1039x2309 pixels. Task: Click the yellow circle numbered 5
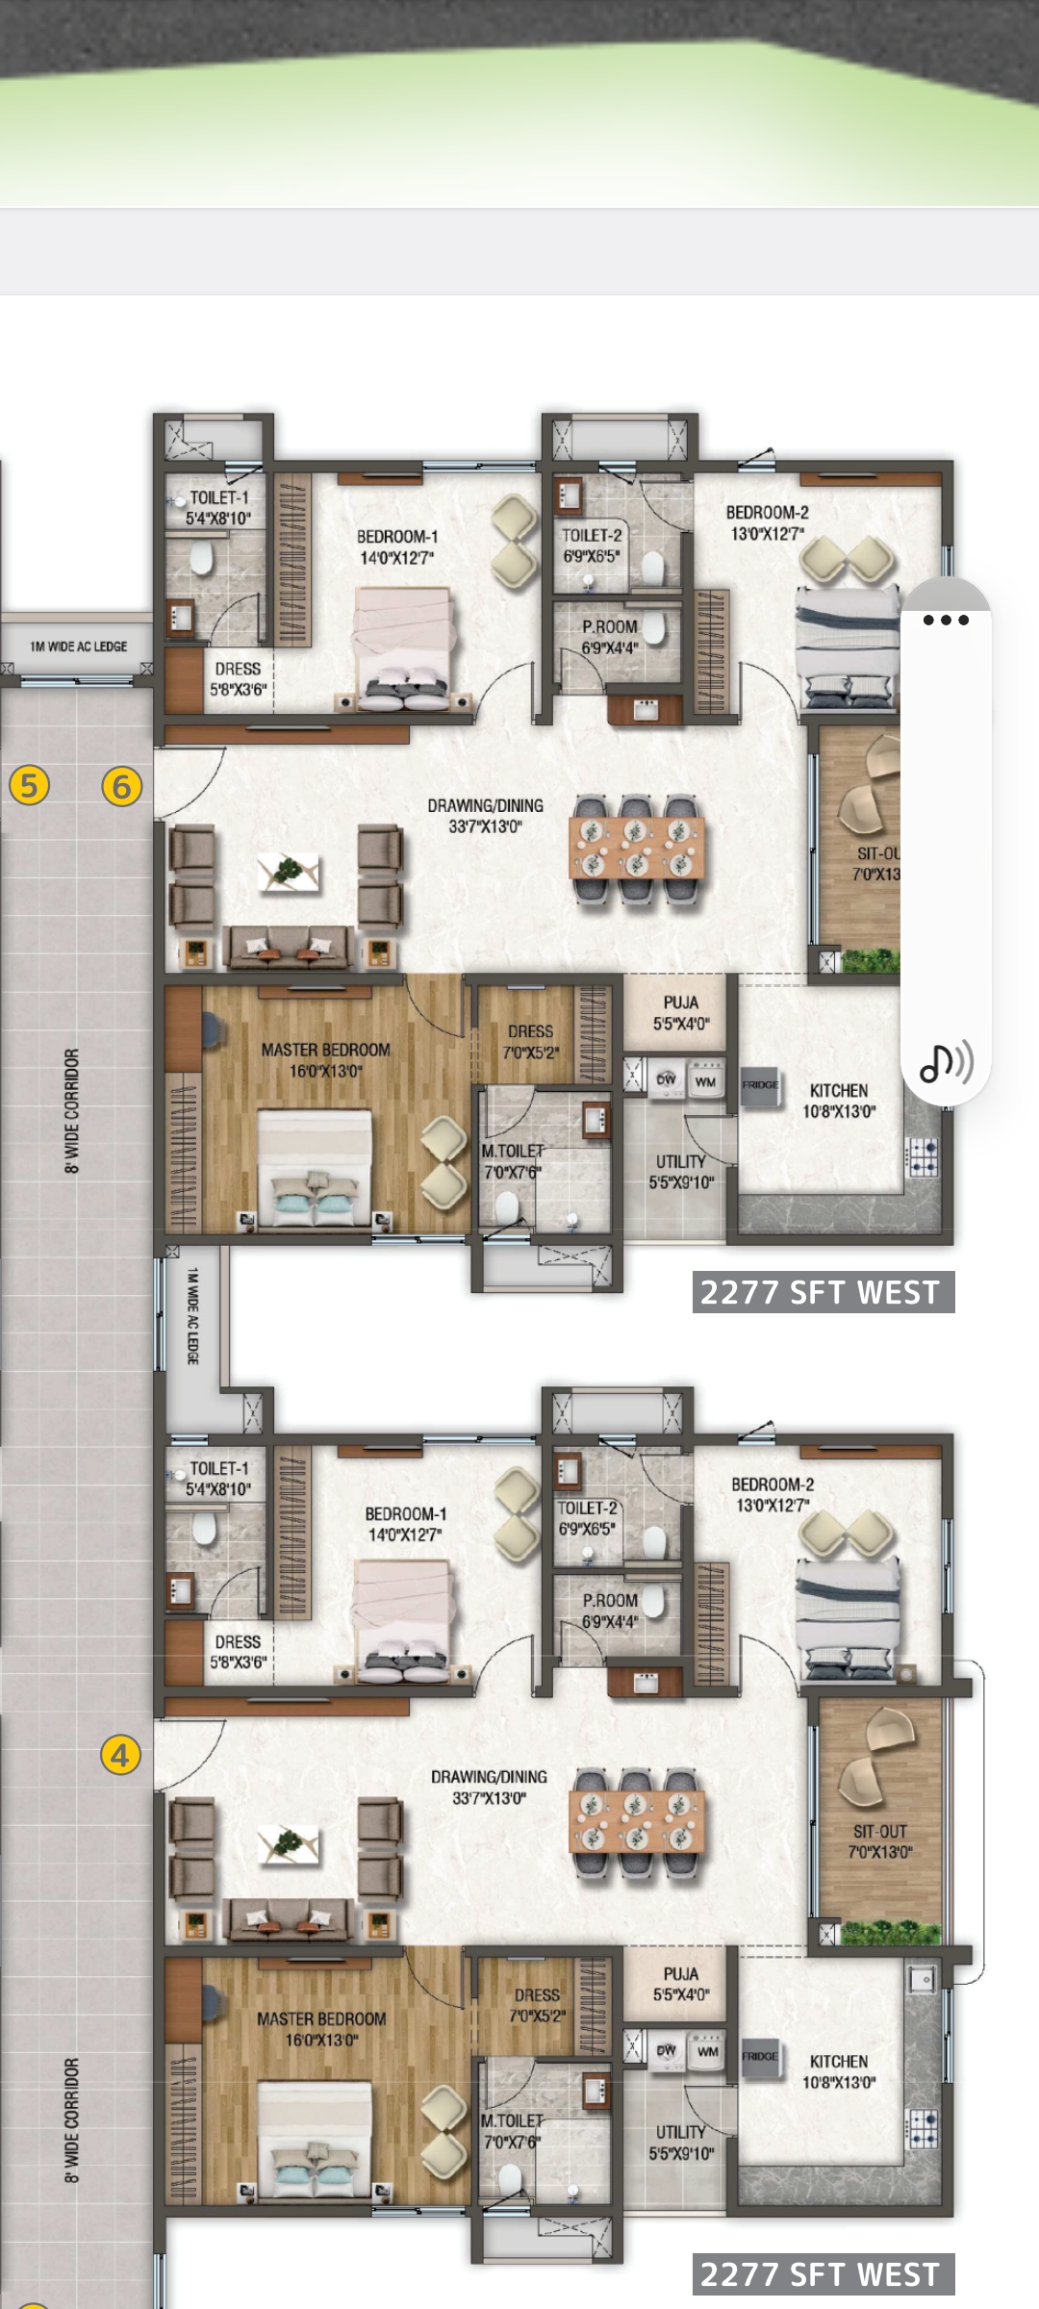pyautogui.click(x=29, y=785)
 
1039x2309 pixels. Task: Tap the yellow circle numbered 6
pyautogui.click(x=121, y=786)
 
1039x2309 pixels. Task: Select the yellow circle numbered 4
pyautogui.click(x=120, y=1755)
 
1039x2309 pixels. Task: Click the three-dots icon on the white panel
pyautogui.click(x=945, y=620)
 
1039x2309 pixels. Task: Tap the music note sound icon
pyautogui.click(x=946, y=1062)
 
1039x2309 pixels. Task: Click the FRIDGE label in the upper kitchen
pyautogui.click(x=760, y=1084)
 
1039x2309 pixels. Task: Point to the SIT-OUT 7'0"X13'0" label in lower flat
pyautogui.click(x=879, y=1841)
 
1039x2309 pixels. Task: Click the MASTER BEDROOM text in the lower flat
pyautogui.click(x=321, y=2018)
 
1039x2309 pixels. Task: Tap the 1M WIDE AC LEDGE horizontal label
pyautogui.click(x=78, y=647)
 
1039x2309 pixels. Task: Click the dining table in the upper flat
pyautogui.click(x=637, y=847)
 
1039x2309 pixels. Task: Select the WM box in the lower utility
pyautogui.click(x=708, y=2052)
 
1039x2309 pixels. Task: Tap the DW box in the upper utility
pyautogui.click(x=666, y=1080)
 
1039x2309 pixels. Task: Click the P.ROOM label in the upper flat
pyautogui.click(x=609, y=626)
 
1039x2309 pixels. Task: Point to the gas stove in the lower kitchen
pyautogui.click(x=923, y=2130)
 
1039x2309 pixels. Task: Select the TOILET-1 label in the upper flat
pyautogui.click(x=218, y=497)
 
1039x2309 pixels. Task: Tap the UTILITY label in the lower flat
pyautogui.click(x=681, y=2132)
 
